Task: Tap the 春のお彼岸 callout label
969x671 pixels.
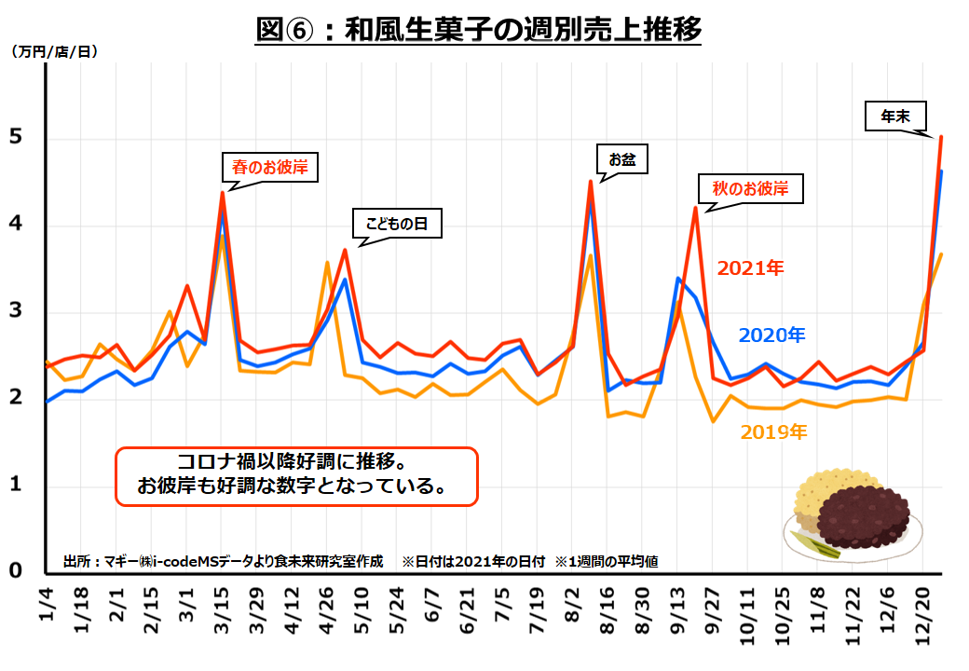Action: coord(269,168)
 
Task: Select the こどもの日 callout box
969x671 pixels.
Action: coord(396,224)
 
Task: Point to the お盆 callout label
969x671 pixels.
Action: coord(621,158)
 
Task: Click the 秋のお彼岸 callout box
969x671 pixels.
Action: coord(750,188)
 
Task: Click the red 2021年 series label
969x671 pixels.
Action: coord(750,268)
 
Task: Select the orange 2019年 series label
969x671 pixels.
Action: coord(773,431)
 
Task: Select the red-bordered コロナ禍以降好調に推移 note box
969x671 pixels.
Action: coord(296,476)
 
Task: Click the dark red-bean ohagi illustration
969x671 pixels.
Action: coord(867,517)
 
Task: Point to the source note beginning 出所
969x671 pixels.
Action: coord(224,562)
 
